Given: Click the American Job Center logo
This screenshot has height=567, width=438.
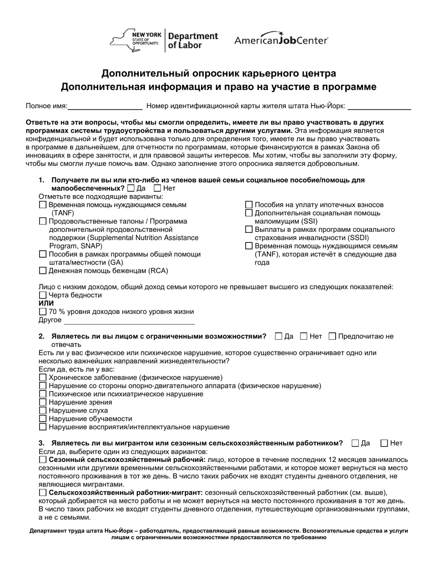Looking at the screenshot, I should (281, 40).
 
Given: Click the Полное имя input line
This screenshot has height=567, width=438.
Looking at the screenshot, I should (105, 106).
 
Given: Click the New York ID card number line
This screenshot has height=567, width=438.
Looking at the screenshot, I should (379, 106).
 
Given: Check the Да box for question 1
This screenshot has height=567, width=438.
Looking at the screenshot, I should (131, 188).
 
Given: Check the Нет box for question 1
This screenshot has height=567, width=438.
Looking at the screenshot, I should (157, 188).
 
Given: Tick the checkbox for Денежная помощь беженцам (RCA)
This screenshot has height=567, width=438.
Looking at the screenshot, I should (43, 271).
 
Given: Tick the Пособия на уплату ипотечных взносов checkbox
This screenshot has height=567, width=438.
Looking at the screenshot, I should (249, 205).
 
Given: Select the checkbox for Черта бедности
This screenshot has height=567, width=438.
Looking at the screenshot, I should (43, 295).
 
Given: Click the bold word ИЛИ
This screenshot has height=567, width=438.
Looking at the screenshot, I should (46, 303).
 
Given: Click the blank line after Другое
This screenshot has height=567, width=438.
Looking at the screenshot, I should (129, 320).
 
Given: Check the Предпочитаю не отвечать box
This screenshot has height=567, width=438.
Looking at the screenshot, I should (332, 337).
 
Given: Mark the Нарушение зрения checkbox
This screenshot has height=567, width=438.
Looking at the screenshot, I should (43, 402).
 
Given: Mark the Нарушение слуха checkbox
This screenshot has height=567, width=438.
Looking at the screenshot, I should (43, 411).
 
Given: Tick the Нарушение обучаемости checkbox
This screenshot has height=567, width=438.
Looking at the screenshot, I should (43, 419).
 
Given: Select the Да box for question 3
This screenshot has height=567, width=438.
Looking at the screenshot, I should (355, 443).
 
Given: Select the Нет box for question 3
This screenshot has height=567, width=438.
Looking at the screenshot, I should (385, 443).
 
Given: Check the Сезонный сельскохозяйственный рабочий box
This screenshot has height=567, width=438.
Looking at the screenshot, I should (43, 460).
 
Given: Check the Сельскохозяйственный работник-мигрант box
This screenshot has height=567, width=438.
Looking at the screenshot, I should (43, 493).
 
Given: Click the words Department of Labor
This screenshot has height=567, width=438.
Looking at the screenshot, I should (192, 41).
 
